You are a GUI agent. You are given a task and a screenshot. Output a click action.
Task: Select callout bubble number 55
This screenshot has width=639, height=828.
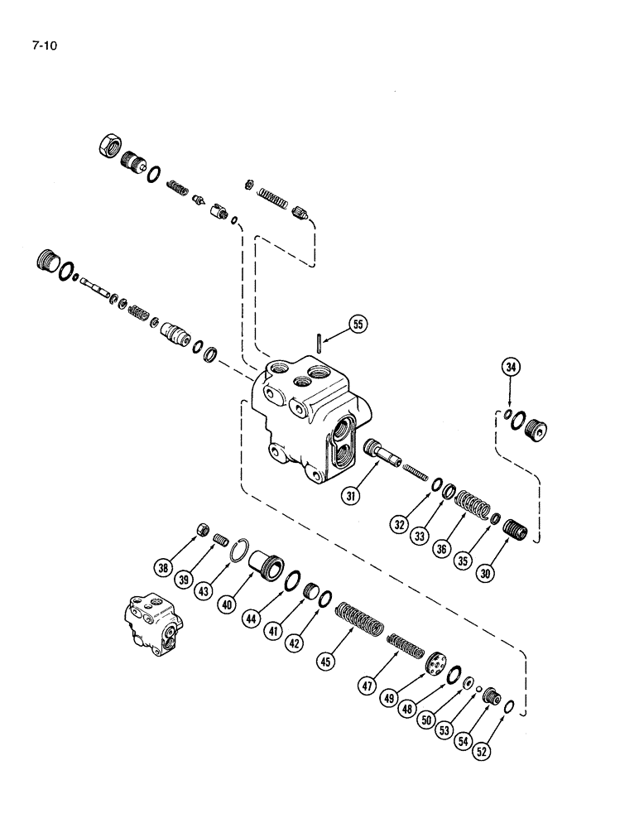(357, 325)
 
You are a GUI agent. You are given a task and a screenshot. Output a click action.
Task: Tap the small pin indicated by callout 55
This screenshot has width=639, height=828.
(319, 342)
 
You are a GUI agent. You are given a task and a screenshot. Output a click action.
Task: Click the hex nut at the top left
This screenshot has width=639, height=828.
(110, 146)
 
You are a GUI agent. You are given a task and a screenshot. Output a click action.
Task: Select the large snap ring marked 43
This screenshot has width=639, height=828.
(240, 550)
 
